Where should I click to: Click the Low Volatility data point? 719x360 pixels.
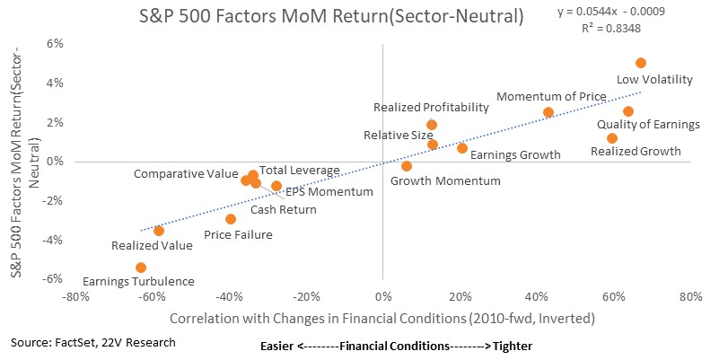point(641,63)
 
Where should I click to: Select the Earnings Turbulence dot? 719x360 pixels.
point(141,268)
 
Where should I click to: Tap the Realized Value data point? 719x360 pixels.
point(159,230)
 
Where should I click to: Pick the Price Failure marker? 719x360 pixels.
point(231,219)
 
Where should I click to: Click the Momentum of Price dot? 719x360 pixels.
point(548,112)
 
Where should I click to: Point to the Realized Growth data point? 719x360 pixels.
point(611,138)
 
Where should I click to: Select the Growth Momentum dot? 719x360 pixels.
point(407,166)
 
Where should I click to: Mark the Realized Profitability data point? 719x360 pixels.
point(432,124)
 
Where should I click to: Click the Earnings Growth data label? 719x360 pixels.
point(515,155)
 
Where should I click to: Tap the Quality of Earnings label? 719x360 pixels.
point(648,124)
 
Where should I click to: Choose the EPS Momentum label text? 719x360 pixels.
point(329,192)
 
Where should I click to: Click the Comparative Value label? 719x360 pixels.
point(186,174)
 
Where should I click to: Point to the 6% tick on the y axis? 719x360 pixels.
point(55,44)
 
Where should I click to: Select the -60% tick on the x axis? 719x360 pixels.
point(152,297)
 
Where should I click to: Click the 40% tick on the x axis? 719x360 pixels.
point(537,297)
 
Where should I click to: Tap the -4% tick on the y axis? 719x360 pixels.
point(53,240)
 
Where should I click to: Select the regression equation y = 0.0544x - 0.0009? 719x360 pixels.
point(611,12)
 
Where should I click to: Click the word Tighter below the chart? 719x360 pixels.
point(513,346)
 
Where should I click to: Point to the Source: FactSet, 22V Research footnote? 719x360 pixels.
point(93,343)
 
